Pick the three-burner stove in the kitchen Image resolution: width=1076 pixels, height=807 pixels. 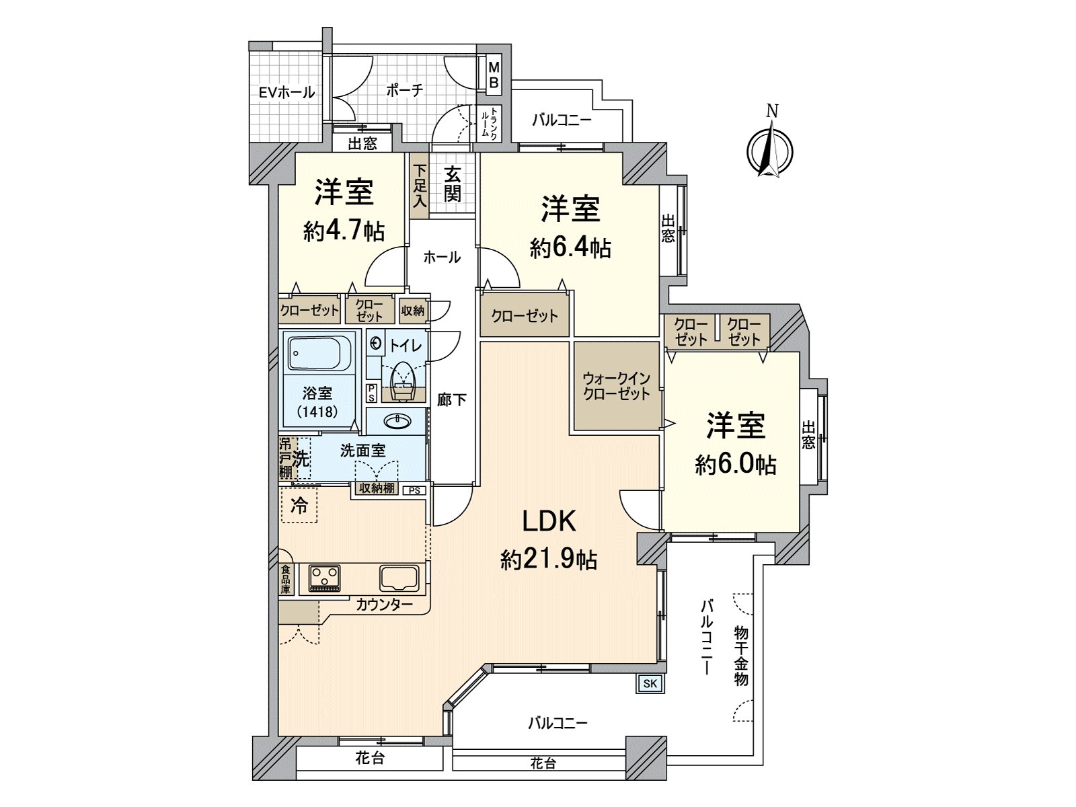point(324,578)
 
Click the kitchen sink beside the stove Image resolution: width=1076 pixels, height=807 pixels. point(399,578)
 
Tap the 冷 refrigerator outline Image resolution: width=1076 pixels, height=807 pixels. point(299,504)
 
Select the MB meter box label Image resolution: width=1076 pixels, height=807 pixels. point(494,74)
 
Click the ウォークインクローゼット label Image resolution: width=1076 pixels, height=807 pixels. point(616,386)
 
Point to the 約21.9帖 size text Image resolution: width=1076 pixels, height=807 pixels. point(549,559)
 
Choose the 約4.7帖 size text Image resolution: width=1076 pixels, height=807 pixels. point(344,230)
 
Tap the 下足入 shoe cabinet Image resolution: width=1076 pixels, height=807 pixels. point(420,186)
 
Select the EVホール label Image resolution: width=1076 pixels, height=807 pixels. point(286,92)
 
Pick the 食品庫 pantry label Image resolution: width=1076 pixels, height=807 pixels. point(285,578)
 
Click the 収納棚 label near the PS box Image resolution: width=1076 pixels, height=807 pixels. point(377,488)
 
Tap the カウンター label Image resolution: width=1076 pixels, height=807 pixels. point(384,605)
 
